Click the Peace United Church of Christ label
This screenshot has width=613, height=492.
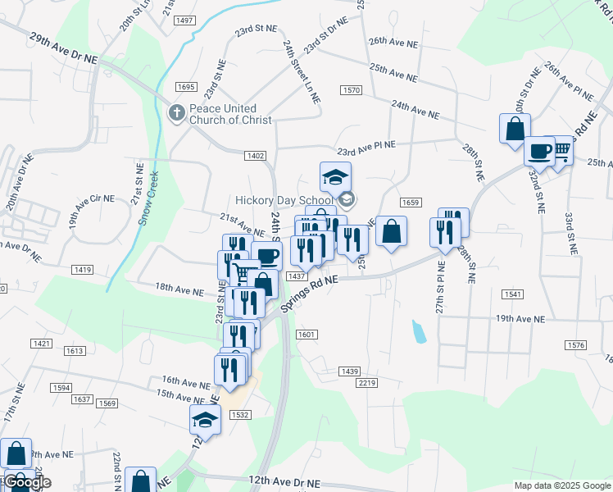coord(223,114)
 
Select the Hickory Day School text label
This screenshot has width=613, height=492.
coord(284,199)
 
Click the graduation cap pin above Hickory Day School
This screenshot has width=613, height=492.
coord(335,177)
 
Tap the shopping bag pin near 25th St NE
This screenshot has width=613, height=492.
coord(392,231)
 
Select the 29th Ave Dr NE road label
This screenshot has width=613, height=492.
coord(63,49)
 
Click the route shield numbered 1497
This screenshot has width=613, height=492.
coord(184,20)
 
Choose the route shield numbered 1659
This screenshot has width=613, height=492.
coord(411,203)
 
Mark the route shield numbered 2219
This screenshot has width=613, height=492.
coord(366,383)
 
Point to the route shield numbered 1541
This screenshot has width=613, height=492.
coord(513,294)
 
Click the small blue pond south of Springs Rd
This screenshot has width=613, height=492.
coord(419,330)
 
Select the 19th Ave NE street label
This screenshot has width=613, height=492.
coord(519,318)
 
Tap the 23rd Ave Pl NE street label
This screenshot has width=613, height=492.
coord(366,148)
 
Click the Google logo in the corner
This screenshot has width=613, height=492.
coord(28,482)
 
